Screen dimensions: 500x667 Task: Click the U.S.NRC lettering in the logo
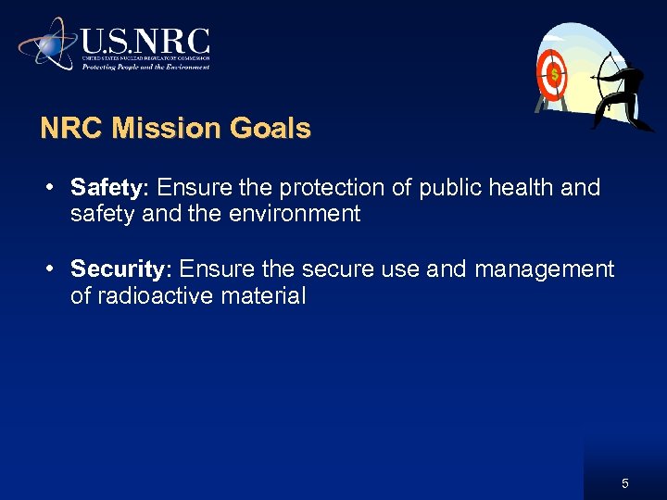(x=145, y=42)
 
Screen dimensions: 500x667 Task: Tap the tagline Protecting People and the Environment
(x=145, y=67)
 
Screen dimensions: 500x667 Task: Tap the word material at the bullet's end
(x=268, y=296)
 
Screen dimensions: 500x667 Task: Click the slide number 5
(x=625, y=483)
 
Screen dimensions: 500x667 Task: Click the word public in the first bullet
(x=448, y=188)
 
